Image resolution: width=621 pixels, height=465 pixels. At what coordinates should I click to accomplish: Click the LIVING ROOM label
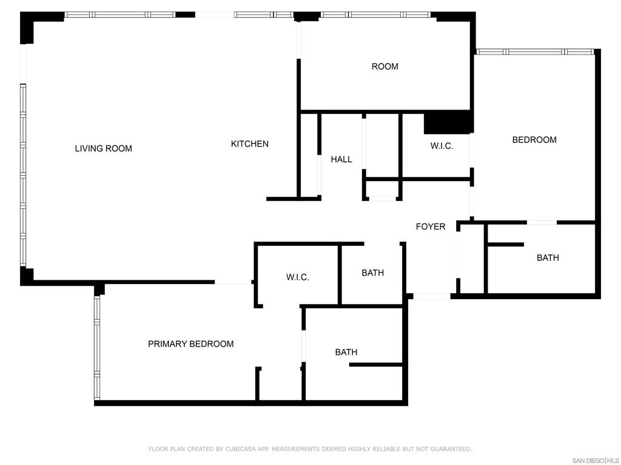click(103, 149)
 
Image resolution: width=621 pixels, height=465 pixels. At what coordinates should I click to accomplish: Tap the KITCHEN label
click(249, 144)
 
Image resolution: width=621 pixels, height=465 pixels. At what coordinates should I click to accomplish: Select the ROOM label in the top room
click(385, 67)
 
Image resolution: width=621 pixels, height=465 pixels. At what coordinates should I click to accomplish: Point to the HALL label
click(341, 159)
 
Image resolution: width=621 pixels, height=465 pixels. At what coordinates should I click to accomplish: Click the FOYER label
click(431, 226)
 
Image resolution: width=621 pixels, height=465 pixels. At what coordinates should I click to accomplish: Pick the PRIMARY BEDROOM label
click(191, 344)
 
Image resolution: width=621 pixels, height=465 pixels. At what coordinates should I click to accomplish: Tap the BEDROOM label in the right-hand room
click(534, 140)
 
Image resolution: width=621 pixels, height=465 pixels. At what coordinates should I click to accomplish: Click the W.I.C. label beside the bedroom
click(441, 147)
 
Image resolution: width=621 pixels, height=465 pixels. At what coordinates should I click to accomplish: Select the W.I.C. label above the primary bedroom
click(297, 277)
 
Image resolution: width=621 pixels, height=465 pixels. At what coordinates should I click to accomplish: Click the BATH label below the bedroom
click(548, 258)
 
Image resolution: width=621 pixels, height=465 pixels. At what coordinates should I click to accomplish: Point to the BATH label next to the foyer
click(373, 273)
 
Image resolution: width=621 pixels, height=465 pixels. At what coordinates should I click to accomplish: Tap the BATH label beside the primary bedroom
click(346, 352)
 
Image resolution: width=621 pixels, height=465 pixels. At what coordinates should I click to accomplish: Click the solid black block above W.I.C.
click(449, 122)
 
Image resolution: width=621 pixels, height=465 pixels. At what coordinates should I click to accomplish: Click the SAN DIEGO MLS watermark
click(594, 461)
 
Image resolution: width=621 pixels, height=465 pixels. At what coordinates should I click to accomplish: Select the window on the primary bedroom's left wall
click(97, 348)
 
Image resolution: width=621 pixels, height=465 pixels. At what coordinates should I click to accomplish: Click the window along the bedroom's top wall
click(535, 52)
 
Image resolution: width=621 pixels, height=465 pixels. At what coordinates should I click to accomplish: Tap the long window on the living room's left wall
click(23, 175)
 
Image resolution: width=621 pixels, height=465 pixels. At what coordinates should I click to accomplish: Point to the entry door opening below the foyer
click(432, 296)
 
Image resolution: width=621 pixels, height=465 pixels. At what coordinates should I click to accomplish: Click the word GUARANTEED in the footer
click(451, 449)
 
